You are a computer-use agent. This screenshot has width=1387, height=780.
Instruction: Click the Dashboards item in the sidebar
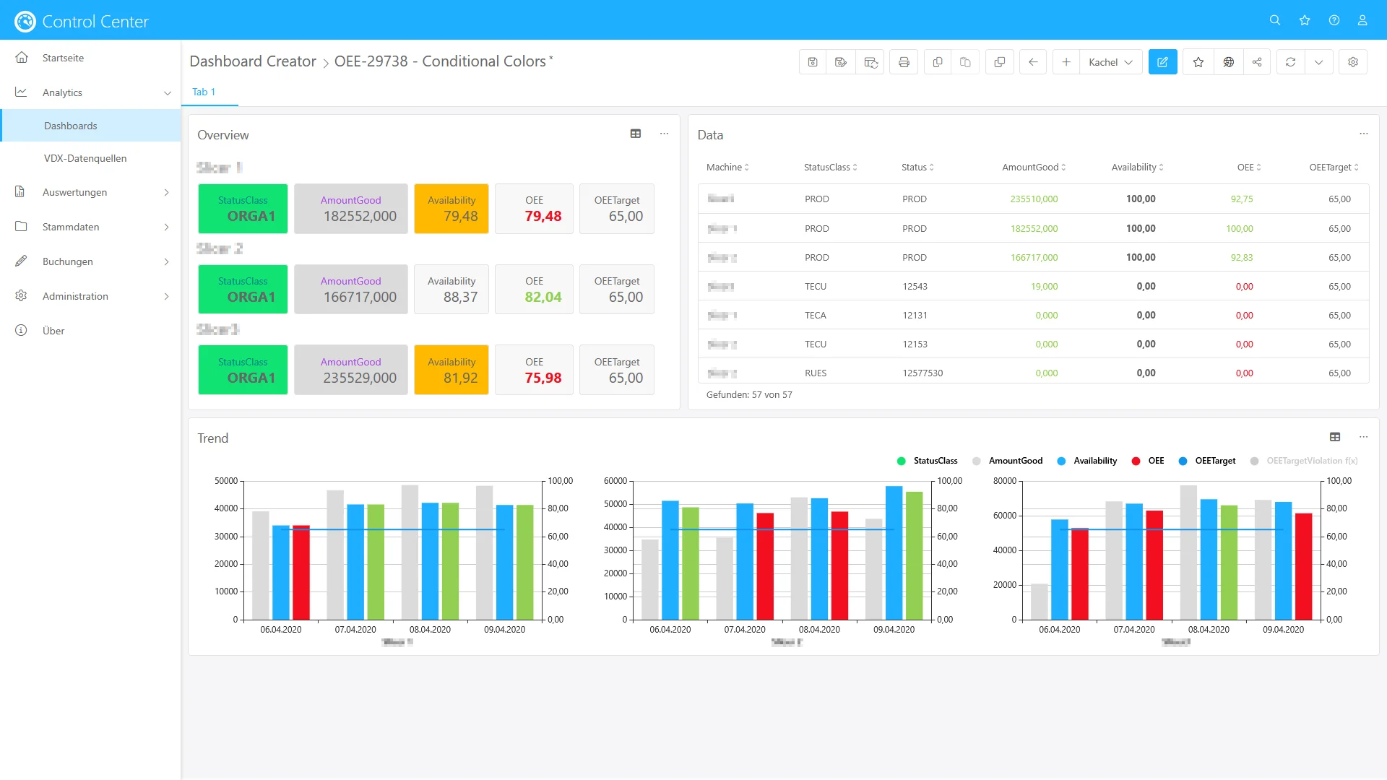pyautogui.click(x=70, y=126)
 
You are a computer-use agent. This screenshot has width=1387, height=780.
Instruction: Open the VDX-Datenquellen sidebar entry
pyautogui.click(x=85, y=158)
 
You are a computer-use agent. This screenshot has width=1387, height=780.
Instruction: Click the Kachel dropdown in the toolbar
pyautogui.click(x=1110, y=62)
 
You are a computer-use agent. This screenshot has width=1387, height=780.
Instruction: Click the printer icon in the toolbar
pyautogui.click(x=903, y=62)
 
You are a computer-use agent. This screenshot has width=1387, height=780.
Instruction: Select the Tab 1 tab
pyautogui.click(x=204, y=92)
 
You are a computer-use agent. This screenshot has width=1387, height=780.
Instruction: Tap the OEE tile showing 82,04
pyautogui.click(x=535, y=290)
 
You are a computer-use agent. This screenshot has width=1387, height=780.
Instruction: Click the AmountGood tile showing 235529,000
pyautogui.click(x=351, y=370)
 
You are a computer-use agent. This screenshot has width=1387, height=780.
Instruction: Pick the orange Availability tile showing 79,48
pyautogui.click(x=451, y=209)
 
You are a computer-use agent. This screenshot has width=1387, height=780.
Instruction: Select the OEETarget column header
pyautogui.click(x=1330, y=167)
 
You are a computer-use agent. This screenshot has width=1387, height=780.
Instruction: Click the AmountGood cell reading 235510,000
pyautogui.click(x=1033, y=199)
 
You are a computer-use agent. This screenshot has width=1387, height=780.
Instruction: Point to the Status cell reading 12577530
pyautogui.click(x=922, y=373)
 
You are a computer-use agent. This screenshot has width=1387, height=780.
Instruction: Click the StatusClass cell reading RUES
pyautogui.click(x=816, y=373)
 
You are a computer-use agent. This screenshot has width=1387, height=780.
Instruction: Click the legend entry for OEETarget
pyautogui.click(x=1214, y=461)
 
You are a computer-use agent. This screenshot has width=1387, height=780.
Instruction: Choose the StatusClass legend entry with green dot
pyautogui.click(x=935, y=461)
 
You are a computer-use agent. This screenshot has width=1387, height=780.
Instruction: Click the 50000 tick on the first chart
pyautogui.click(x=226, y=481)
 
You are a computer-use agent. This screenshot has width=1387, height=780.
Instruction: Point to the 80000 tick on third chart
pyautogui.click(x=1005, y=481)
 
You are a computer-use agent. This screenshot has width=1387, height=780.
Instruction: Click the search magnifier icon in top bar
pyautogui.click(x=1274, y=20)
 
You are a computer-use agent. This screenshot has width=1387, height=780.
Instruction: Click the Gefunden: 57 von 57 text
pyautogui.click(x=749, y=395)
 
